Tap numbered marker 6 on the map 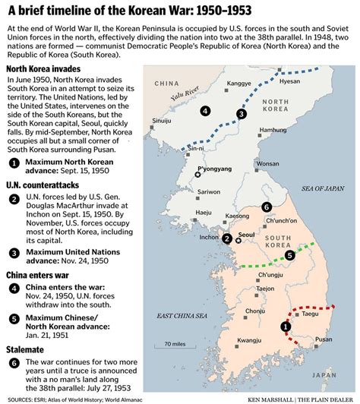pyautogui.click(x=266, y=207)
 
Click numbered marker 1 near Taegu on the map pyautogui.click(x=286, y=327)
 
